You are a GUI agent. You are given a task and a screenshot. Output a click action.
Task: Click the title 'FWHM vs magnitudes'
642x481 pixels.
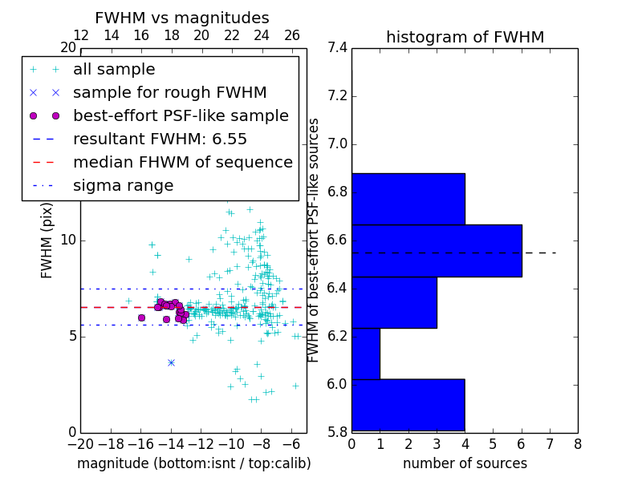[181, 18]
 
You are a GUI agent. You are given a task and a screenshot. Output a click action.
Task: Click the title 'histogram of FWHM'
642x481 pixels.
[465, 38]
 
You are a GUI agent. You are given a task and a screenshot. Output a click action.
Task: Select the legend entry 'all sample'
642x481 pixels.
[114, 70]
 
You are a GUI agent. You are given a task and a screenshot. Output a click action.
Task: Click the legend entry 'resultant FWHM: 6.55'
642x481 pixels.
[160, 139]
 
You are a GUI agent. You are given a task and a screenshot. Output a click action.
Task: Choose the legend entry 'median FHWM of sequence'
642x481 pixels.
[182, 162]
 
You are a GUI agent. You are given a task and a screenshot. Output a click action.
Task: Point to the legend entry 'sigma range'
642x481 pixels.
[123, 185]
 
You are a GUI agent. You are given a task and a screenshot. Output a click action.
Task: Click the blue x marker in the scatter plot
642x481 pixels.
[171, 362]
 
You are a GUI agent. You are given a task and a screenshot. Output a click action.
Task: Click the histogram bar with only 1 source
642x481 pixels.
[366, 354]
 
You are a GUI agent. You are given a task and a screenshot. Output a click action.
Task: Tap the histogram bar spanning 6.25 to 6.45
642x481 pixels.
[394, 302]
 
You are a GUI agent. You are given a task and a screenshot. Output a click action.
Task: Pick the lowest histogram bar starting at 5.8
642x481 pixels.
[408, 405]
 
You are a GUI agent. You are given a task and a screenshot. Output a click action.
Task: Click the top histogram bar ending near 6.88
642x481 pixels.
[408, 199]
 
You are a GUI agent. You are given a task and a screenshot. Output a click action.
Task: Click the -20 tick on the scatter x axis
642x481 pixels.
[80, 443]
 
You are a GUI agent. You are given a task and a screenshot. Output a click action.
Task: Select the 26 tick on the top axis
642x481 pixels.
[292, 35]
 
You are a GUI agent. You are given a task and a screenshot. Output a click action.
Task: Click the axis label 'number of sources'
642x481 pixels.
[465, 463]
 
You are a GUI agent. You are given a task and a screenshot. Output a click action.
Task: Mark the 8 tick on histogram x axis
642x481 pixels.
[577, 443]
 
